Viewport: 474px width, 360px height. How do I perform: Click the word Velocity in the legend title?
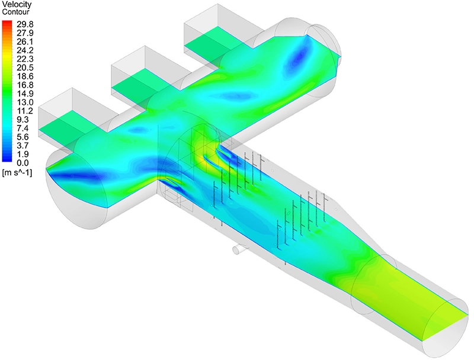pos(17,5)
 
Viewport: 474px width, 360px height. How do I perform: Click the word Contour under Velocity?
pos(15,12)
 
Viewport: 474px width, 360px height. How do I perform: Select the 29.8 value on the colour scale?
pos(25,24)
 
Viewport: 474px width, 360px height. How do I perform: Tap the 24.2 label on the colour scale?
pos(25,50)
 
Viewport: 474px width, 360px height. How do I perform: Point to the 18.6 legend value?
pos(25,76)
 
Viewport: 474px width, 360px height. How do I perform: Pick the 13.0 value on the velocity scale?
pos(25,102)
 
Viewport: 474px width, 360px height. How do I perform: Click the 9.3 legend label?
pos(23,119)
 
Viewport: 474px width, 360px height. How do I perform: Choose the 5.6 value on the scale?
pos(23,137)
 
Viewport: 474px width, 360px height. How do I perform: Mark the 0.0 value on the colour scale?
pos(23,163)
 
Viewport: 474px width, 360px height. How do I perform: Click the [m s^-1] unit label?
pos(17,173)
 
